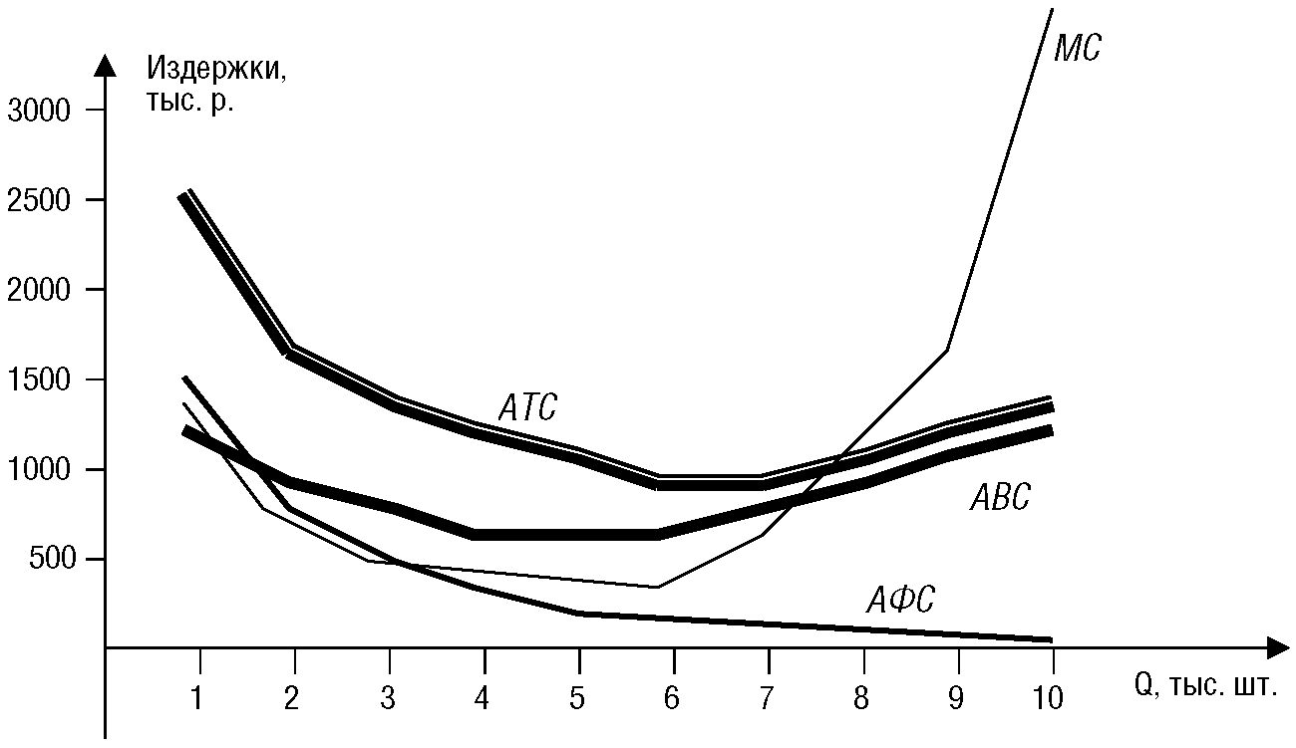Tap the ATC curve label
(526, 407)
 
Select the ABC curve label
(1000, 497)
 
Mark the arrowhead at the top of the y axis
(105, 66)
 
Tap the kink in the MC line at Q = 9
(948, 349)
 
